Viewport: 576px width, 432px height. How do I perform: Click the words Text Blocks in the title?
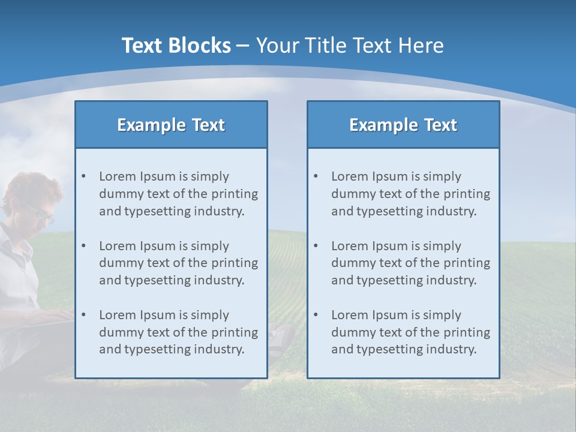[x=176, y=46]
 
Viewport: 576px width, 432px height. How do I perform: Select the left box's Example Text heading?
[x=171, y=125]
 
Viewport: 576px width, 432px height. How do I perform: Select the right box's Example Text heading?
[x=403, y=125]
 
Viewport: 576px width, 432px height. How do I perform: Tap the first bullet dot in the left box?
[x=83, y=176]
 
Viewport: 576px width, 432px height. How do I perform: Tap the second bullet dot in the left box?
[x=83, y=246]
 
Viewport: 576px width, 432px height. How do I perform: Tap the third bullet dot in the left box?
[x=83, y=315]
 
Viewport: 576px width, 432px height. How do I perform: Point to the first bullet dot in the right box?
[x=316, y=176]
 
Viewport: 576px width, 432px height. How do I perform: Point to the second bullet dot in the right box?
[x=316, y=246]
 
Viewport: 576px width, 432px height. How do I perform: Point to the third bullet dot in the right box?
[x=316, y=315]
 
